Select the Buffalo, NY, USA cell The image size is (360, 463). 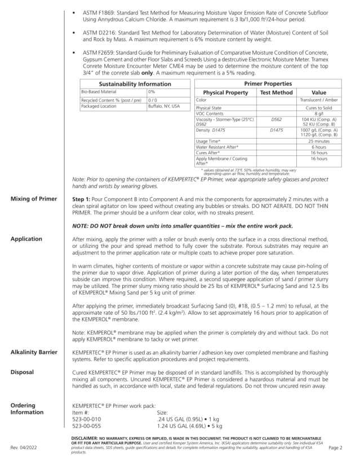coord(164,106)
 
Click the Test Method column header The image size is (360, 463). coord(276,92)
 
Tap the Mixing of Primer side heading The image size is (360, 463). coord(33,199)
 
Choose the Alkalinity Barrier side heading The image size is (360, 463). coord(33,352)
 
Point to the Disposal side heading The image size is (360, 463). coord(22,372)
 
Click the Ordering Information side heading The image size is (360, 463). coord(26,408)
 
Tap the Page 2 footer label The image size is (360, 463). coord(335,448)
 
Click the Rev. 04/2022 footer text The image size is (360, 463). coord(23,448)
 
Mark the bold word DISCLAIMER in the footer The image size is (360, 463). coord(87,438)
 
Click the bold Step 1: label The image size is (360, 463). coord(84,199)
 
